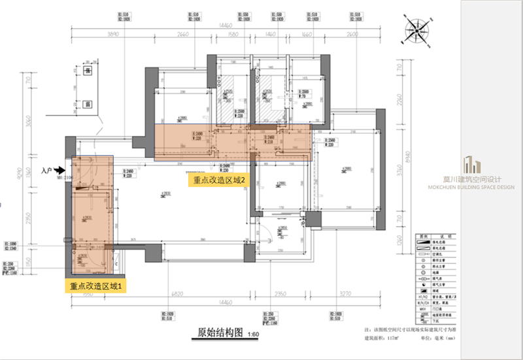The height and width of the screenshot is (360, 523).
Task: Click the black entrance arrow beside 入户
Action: (x=59, y=171)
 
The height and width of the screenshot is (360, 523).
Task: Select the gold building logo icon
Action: (x=471, y=167)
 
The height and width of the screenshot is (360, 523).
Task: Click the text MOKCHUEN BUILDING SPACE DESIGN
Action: (x=489, y=186)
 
